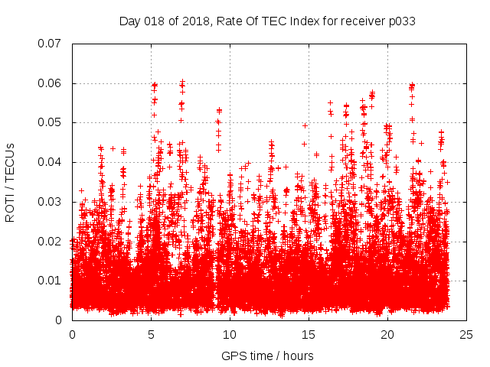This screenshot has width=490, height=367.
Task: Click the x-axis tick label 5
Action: (x=151, y=335)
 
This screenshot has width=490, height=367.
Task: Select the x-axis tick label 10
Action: (x=230, y=335)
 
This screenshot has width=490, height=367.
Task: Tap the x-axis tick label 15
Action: (x=309, y=335)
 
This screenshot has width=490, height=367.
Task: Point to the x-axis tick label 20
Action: (x=387, y=335)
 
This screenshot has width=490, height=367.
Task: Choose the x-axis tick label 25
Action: (x=466, y=335)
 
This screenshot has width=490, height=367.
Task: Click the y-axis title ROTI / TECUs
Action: (x=11, y=182)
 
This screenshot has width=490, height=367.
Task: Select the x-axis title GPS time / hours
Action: (x=267, y=356)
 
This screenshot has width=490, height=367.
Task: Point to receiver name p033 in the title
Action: (x=401, y=21)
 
